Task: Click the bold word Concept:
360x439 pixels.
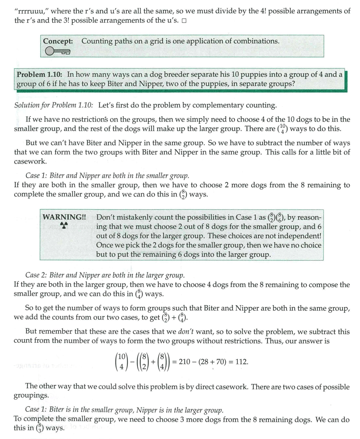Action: (x=58, y=41)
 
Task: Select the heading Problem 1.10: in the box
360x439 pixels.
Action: (x=40, y=74)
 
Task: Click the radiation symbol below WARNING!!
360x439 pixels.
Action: (x=64, y=225)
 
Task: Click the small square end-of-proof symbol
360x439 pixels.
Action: (x=184, y=21)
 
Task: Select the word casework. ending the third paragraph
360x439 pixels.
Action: (x=30, y=162)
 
